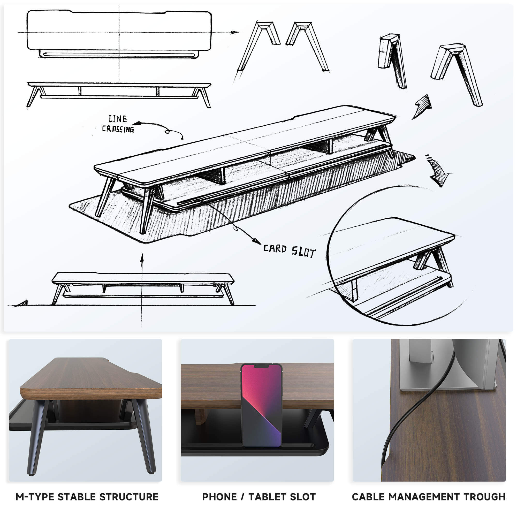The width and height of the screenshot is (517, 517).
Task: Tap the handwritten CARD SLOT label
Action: (290, 251)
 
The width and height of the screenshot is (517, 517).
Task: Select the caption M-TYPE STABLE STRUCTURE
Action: (87, 497)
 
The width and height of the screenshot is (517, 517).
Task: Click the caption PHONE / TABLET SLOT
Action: (259, 497)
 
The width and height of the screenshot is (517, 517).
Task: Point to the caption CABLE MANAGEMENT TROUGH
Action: (429, 497)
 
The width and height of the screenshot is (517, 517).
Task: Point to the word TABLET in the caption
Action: (268, 497)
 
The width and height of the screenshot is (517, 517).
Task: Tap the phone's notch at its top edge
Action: (261, 366)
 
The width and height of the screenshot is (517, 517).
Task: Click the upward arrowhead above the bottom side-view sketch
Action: (142, 257)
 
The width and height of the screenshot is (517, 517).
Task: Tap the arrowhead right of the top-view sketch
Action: (234, 32)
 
